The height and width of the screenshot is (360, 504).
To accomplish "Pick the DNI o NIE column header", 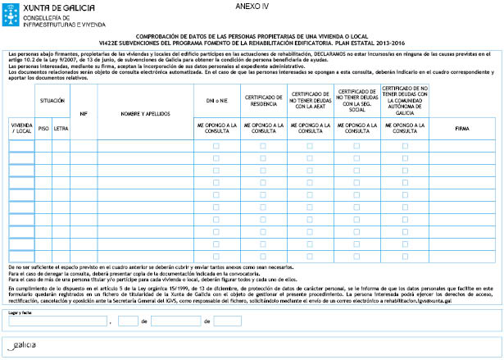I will coord(216,99).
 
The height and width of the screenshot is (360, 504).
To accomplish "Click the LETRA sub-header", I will coord(61,128).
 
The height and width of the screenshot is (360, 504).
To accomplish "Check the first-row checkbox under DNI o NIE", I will coord(216,146).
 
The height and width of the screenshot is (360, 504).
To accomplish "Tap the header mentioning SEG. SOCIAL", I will coord(357,99).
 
